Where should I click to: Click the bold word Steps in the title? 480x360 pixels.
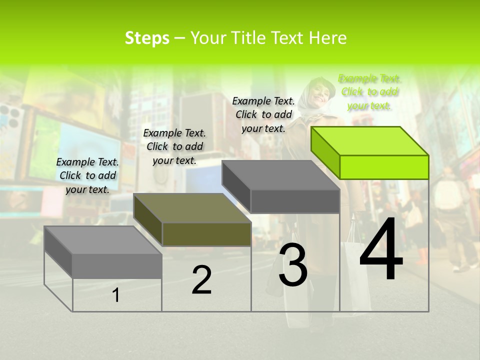pyautogui.click(x=147, y=38)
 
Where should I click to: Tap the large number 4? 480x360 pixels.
pyautogui.click(x=381, y=249)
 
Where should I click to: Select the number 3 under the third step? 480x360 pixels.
pyautogui.click(x=293, y=265)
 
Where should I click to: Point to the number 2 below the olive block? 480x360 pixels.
pyautogui.click(x=201, y=280)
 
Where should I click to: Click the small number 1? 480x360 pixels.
pyautogui.click(x=116, y=295)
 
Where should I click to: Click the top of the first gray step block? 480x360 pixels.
pyautogui.click(x=103, y=240)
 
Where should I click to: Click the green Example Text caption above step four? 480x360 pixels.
pyautogui.click(x=369, y=92)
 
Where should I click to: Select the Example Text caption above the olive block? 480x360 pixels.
pyautogui.click(x=174, y=146)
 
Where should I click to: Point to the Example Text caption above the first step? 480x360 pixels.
pyautogui.click(x=87, y=175)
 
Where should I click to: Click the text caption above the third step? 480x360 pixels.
pyautogui.click(x=263, y=114)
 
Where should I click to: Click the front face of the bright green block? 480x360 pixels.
pyautogui.click(x=384, y=167)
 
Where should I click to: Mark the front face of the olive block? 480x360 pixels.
pyautogui.click(x=206, y=234)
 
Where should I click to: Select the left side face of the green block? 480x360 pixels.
pyautogui.click(x=325, y=153)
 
